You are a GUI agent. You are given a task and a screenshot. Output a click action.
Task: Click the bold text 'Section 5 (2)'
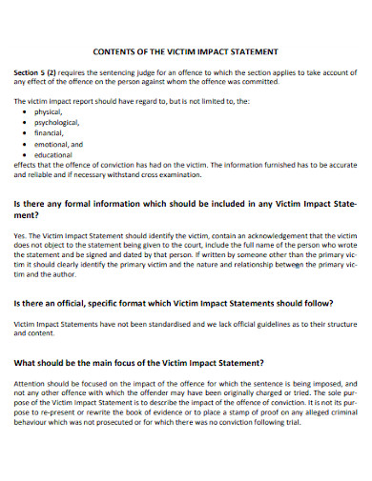pos(37,72)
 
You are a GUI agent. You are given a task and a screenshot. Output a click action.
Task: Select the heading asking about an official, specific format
pos(173,303)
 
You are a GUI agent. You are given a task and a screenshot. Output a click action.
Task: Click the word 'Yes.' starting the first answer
pos(21,233)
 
